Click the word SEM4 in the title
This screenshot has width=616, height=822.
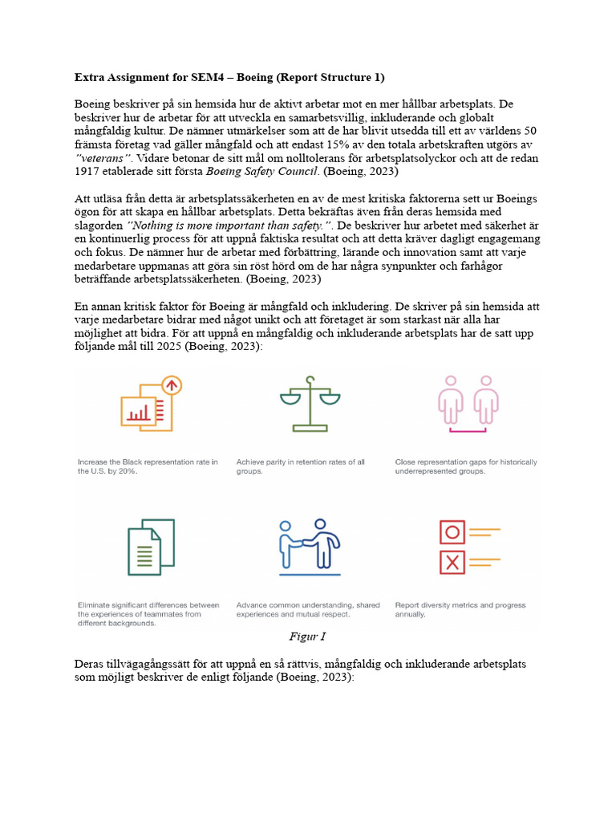(214, 77)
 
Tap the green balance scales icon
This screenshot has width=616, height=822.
(304, 403)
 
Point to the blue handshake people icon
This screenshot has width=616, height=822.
(309, 547)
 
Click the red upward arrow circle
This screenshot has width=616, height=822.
(171, 385)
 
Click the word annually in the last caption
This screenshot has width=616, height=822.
(410, 614)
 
